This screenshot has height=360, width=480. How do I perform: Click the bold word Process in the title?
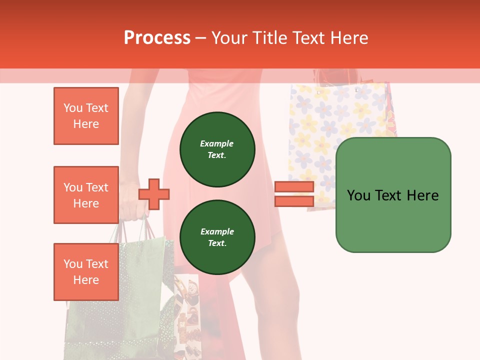(x=157, y=38)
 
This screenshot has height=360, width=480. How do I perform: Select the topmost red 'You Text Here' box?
(x=86, y=116)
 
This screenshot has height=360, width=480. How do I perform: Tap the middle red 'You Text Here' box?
(x=86, y=195)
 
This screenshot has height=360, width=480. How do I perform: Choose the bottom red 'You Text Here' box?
(x=86, y=272)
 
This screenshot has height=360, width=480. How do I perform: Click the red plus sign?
(x=154, y=194)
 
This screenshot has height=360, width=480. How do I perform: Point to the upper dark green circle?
(x=217, y=149)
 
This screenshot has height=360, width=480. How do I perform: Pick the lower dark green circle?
(x=217, y=237)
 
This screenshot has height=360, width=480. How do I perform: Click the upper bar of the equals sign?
(x=294, y=187)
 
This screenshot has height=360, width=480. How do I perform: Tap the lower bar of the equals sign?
(x=294, y=201)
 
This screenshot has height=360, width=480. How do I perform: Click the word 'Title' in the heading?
(x=270, y=38)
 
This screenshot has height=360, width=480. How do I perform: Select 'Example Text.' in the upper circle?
(x=217, y=149)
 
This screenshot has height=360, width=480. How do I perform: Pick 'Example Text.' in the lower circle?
(x=217, y=237)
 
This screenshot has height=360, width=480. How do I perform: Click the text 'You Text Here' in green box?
(x=393, y=195)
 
